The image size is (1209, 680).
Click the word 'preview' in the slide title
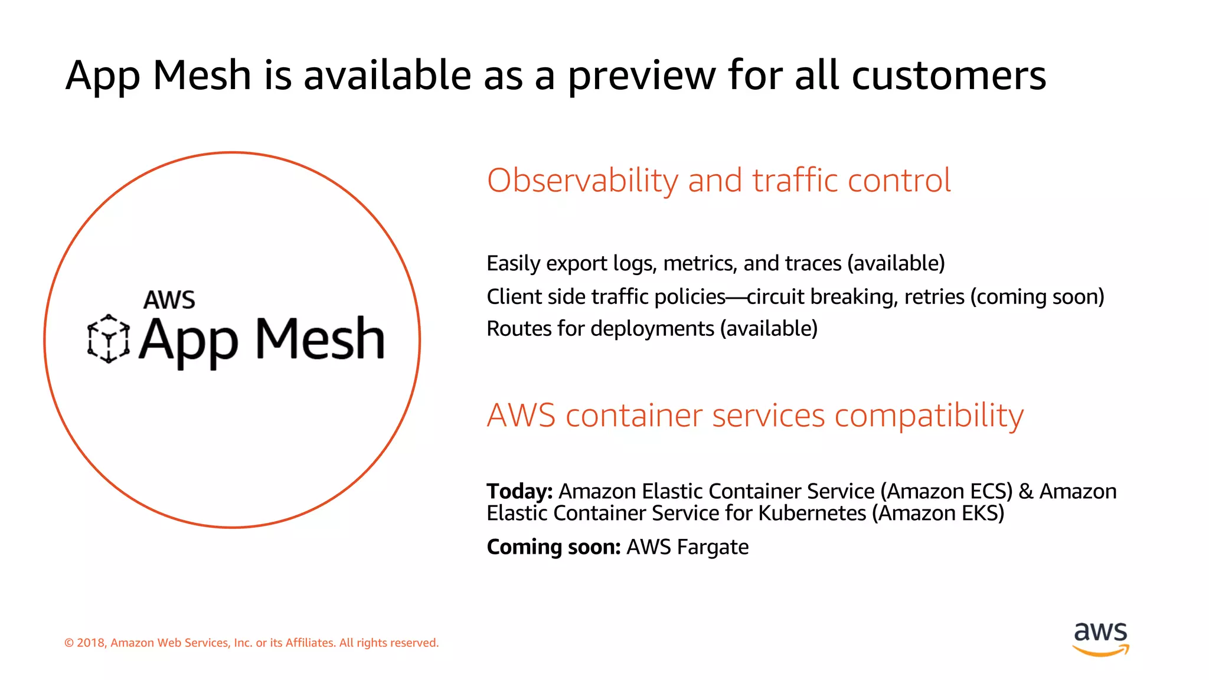(641, 76)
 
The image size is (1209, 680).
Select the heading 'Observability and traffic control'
(718, 180)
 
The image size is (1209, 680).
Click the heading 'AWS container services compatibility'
(755, 416)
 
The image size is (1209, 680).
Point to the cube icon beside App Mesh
(109, 339)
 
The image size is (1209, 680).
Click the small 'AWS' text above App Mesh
(169, 300)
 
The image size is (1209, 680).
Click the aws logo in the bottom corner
(1101, 639)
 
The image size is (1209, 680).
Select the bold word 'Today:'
(519, 491)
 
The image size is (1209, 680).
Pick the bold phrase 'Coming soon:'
(553, 547)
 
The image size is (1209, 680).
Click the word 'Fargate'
(713, 547)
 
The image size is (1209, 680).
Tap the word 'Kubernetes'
(812, 514)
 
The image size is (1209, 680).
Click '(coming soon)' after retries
(1037, 296)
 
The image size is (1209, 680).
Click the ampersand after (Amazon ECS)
(1026, 491)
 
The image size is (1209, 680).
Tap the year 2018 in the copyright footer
(91, 643)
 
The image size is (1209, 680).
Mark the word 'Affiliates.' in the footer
(311, 643)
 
